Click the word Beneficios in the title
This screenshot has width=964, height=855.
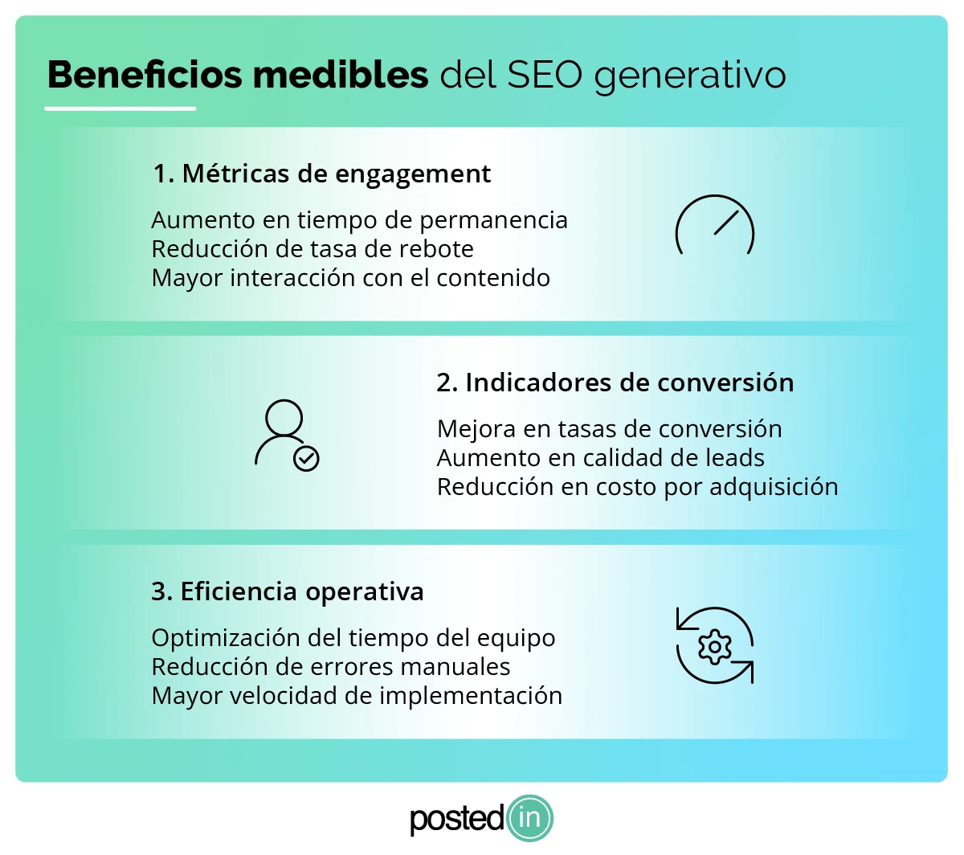click(x=145, y=75)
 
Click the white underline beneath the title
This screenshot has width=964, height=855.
click(x=120, y=108)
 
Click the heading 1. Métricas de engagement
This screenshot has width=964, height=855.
click(x=321, y=174)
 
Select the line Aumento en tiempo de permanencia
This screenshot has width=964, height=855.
click(x=359, y=220)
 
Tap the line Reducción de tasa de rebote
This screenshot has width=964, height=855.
click(x=312, y=249)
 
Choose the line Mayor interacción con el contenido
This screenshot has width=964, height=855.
click(x=350, y=278)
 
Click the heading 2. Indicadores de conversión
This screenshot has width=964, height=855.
click(x=615, y=382)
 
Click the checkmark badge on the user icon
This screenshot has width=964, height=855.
click(x=306, y=458)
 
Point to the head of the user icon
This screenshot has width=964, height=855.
click(x=284, y=418)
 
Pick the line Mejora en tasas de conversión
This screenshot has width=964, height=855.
click(x=609, y=429)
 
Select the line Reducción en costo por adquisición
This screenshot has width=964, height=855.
click(x=637, y=487)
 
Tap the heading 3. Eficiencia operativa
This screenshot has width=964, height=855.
click(x=287, y=592)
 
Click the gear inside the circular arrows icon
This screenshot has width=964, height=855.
click(x=714, y=647)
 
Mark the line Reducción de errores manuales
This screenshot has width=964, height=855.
click(x=330, y=667)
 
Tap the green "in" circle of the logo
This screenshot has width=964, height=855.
click(x=529, y=819)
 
